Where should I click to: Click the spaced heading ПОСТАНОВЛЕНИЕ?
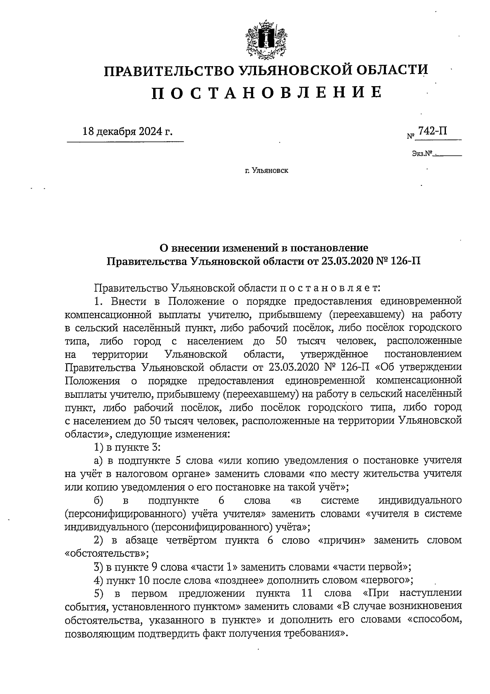pyautogui.click(x=267, y=93)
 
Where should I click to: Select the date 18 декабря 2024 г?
pyautogui.click(x=127, y=132)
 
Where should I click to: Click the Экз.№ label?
pyautogui.click(x=422, y=154)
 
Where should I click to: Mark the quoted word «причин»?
pyautogui.click(x=341, y=540)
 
